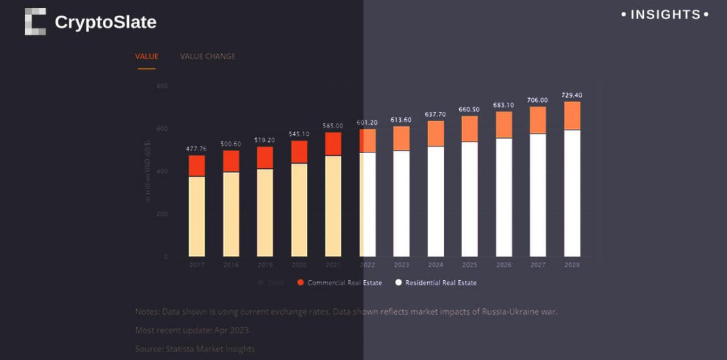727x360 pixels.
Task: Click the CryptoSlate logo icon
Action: [35, 22]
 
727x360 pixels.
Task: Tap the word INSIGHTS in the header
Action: [665, 14]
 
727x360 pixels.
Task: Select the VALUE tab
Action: [147, 56]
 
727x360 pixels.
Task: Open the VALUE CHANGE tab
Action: [208, 56]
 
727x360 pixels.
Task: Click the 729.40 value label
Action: [572, 96]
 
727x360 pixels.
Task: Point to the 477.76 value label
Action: [196, 149]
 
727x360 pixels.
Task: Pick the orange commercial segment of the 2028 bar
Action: [572, 116]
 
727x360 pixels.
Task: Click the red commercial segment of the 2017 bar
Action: [196, 166]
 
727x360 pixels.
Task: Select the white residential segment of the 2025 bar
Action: [470, 199]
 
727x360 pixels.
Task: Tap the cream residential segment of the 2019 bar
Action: [265, 213]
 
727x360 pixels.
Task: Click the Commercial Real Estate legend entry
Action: [339, 283]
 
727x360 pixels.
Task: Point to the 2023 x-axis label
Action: [401, 265]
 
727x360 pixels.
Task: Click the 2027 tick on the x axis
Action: [538, 265]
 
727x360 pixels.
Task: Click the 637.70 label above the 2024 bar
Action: [436, 115]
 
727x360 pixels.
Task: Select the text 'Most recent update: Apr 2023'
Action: [192, 331]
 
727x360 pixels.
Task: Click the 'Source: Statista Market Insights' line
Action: [195, 349]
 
